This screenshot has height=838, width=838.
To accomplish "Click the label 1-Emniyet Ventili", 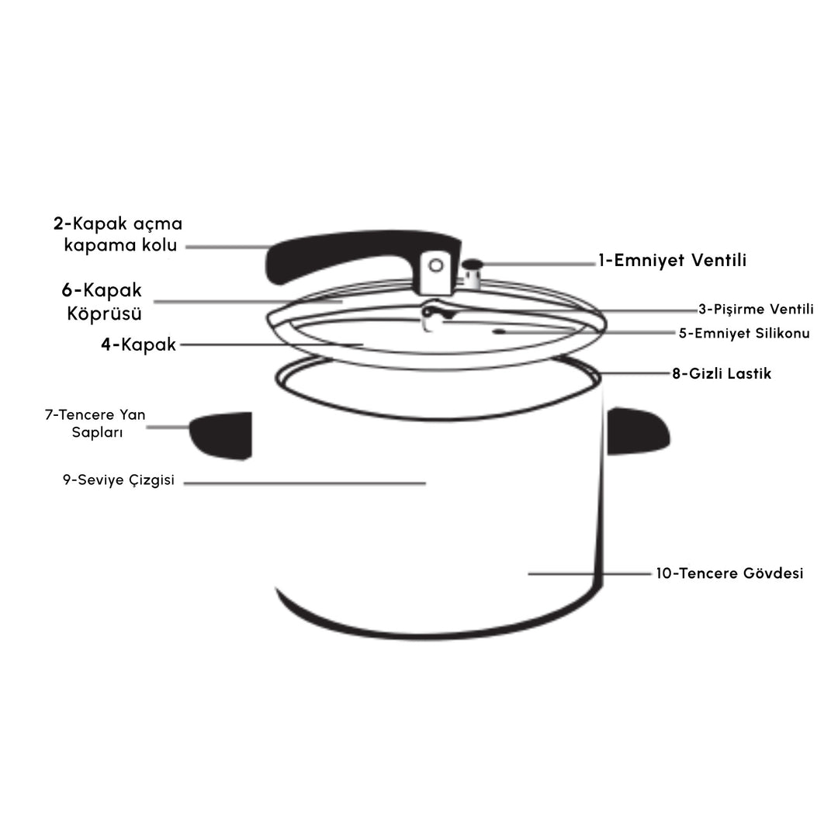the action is (672, 260).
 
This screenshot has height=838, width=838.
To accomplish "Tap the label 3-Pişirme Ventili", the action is (757, 309).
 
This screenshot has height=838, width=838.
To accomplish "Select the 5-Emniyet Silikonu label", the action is (744, 333).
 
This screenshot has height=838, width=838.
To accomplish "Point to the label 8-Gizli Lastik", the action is (722, 373).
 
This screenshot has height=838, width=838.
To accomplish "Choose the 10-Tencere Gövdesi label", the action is (729, 573).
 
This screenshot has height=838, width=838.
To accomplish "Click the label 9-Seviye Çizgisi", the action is (119, 480).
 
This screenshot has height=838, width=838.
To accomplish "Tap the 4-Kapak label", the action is (138, 345).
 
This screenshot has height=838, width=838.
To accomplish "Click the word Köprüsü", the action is (104, 313).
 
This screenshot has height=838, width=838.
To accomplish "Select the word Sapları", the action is (97, 432).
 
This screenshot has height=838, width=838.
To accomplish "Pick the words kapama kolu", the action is (120, 244).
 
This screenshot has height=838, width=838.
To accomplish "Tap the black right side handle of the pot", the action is (638, 431).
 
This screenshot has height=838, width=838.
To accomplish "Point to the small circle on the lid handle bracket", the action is (436, 265).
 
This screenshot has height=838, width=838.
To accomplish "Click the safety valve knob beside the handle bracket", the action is (473, 274).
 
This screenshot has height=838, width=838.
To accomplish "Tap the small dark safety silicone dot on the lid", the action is (499, 332).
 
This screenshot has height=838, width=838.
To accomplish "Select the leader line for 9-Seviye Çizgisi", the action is (305, 483).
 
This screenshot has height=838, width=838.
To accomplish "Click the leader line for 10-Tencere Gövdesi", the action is (590, 574).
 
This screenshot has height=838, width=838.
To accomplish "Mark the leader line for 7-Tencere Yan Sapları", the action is (168, 427).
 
